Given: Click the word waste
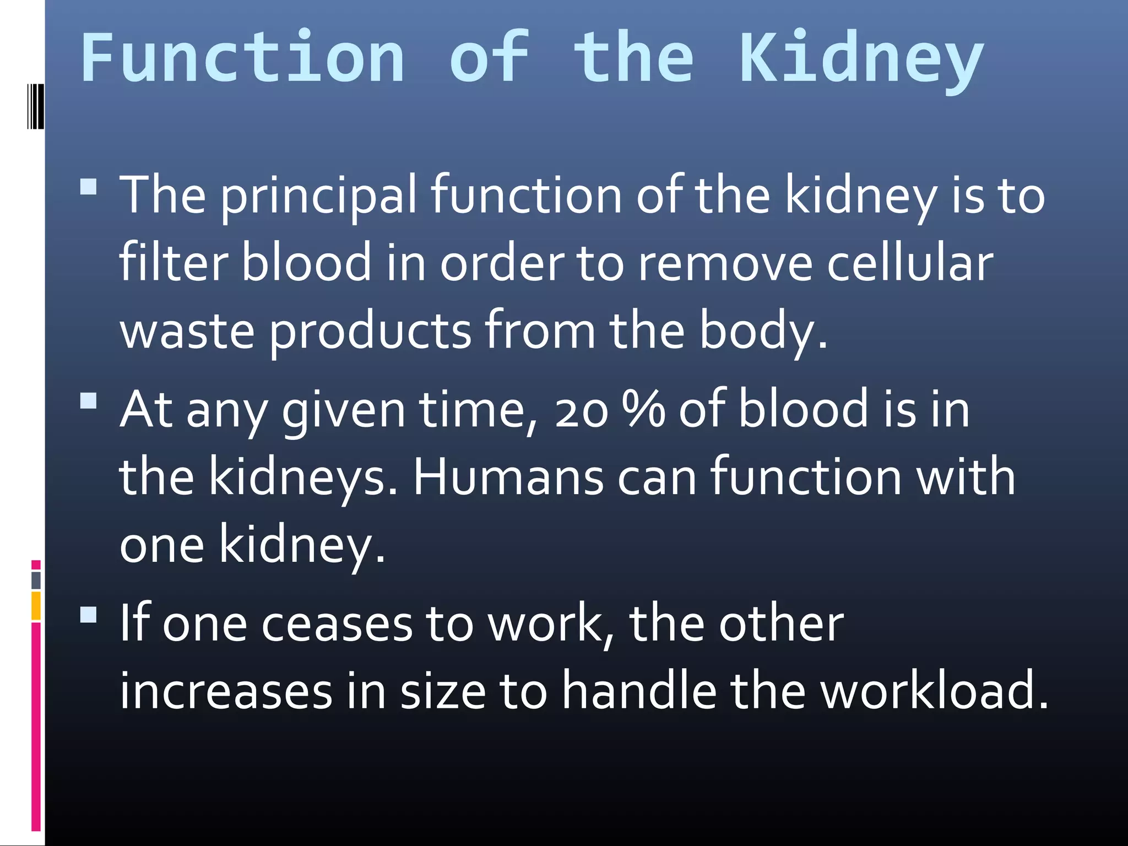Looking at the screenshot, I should point(187,331).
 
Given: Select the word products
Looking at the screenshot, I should point(370,331).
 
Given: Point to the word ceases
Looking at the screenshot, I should point(337,625).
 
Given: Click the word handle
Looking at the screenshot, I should point(639,691).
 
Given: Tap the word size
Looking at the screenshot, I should point(443,691).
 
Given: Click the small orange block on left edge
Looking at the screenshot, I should point(36,606).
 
